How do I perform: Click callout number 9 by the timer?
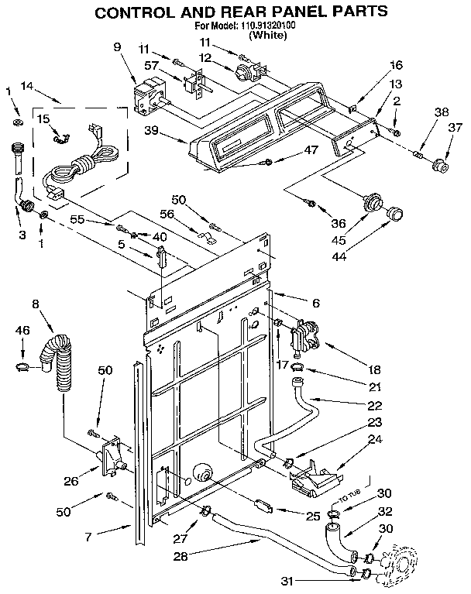(118, 46)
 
